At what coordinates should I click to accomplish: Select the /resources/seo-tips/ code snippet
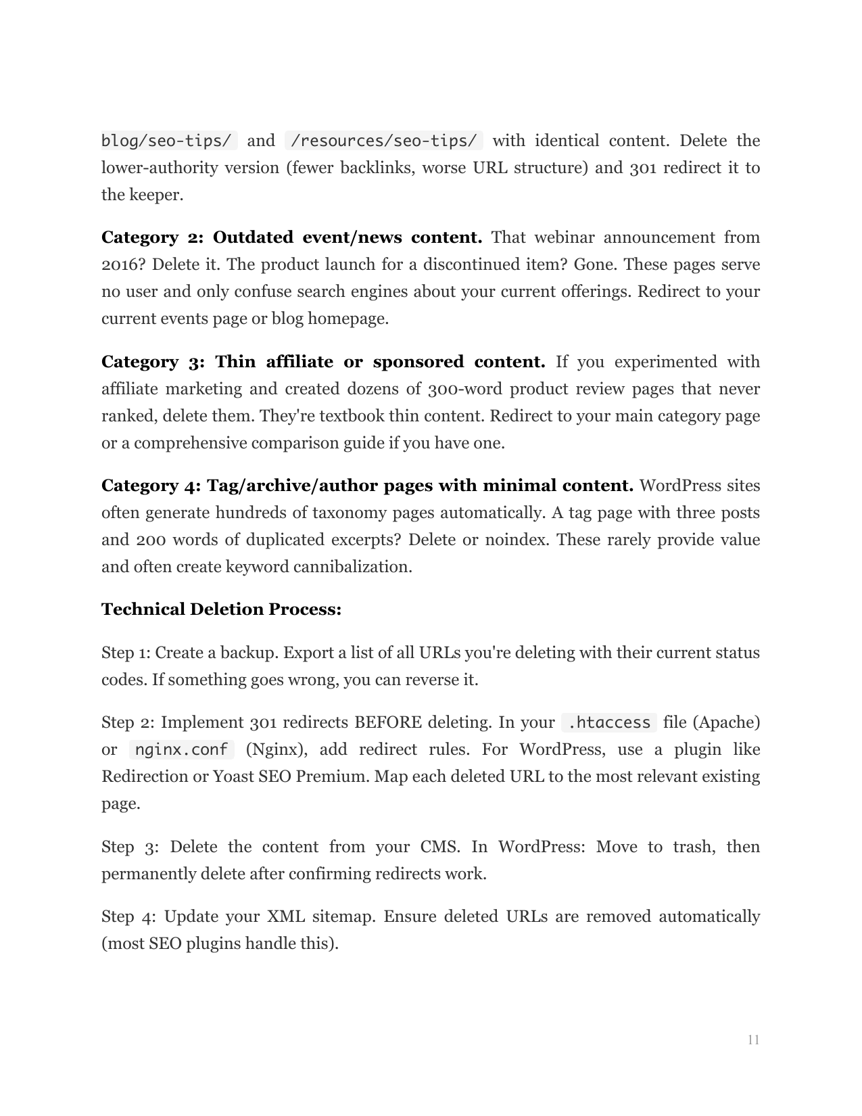tap(384, 141)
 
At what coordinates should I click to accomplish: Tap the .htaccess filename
tap(608, 722)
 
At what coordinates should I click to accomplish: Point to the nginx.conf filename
tap(181, 749)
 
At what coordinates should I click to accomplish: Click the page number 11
tap(753, 1040)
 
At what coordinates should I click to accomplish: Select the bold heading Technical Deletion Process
tap(221, 609)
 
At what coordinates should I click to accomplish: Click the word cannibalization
tap(352, 567)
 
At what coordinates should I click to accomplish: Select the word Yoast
tap(233, 776)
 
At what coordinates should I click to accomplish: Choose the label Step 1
tap(126, 653)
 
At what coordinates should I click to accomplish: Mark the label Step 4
tap(127, 916)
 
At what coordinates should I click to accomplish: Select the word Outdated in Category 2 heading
tap(253, 237)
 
